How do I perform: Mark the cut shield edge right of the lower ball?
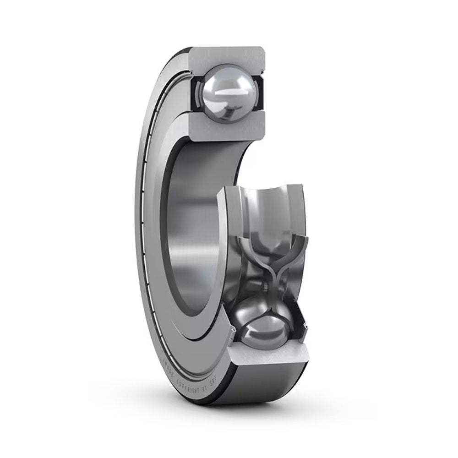[302, 325]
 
